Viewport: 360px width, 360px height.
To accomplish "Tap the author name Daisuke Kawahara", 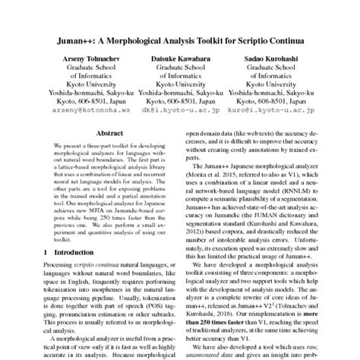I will tap(180, 58).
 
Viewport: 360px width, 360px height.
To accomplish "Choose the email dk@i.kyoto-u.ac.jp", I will tap(180, 109).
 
